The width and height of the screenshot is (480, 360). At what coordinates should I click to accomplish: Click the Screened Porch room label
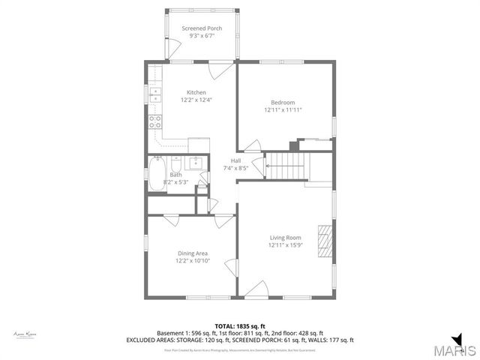coord(202,28)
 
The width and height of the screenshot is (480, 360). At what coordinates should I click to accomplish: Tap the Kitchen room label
coord(196,92)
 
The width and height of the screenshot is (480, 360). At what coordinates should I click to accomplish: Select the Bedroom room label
coord(283,103)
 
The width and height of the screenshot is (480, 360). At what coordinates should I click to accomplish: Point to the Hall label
coord(236,160)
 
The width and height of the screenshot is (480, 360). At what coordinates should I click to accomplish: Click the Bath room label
coord(175,175)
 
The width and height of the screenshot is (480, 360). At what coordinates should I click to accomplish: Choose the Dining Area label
coord(193,253)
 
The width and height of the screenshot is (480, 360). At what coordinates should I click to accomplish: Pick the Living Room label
coord(285,238)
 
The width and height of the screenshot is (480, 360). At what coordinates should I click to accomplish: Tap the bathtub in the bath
coord(157,174)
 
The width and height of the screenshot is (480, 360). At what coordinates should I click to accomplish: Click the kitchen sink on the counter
coord(155,94)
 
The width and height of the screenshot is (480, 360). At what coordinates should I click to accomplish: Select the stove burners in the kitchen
coord(155,122)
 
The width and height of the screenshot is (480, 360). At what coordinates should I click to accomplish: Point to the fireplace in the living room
coord(323,240)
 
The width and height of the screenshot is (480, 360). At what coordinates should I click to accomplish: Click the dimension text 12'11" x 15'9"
coord(285,245)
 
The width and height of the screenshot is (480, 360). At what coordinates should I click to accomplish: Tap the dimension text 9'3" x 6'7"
coord(202,36)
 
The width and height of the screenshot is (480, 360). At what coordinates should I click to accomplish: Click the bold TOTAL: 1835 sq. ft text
coord(240,325)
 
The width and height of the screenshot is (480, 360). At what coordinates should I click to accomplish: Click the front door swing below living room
coord(257,288)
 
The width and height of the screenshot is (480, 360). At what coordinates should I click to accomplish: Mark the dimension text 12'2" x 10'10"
coord(193,261)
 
